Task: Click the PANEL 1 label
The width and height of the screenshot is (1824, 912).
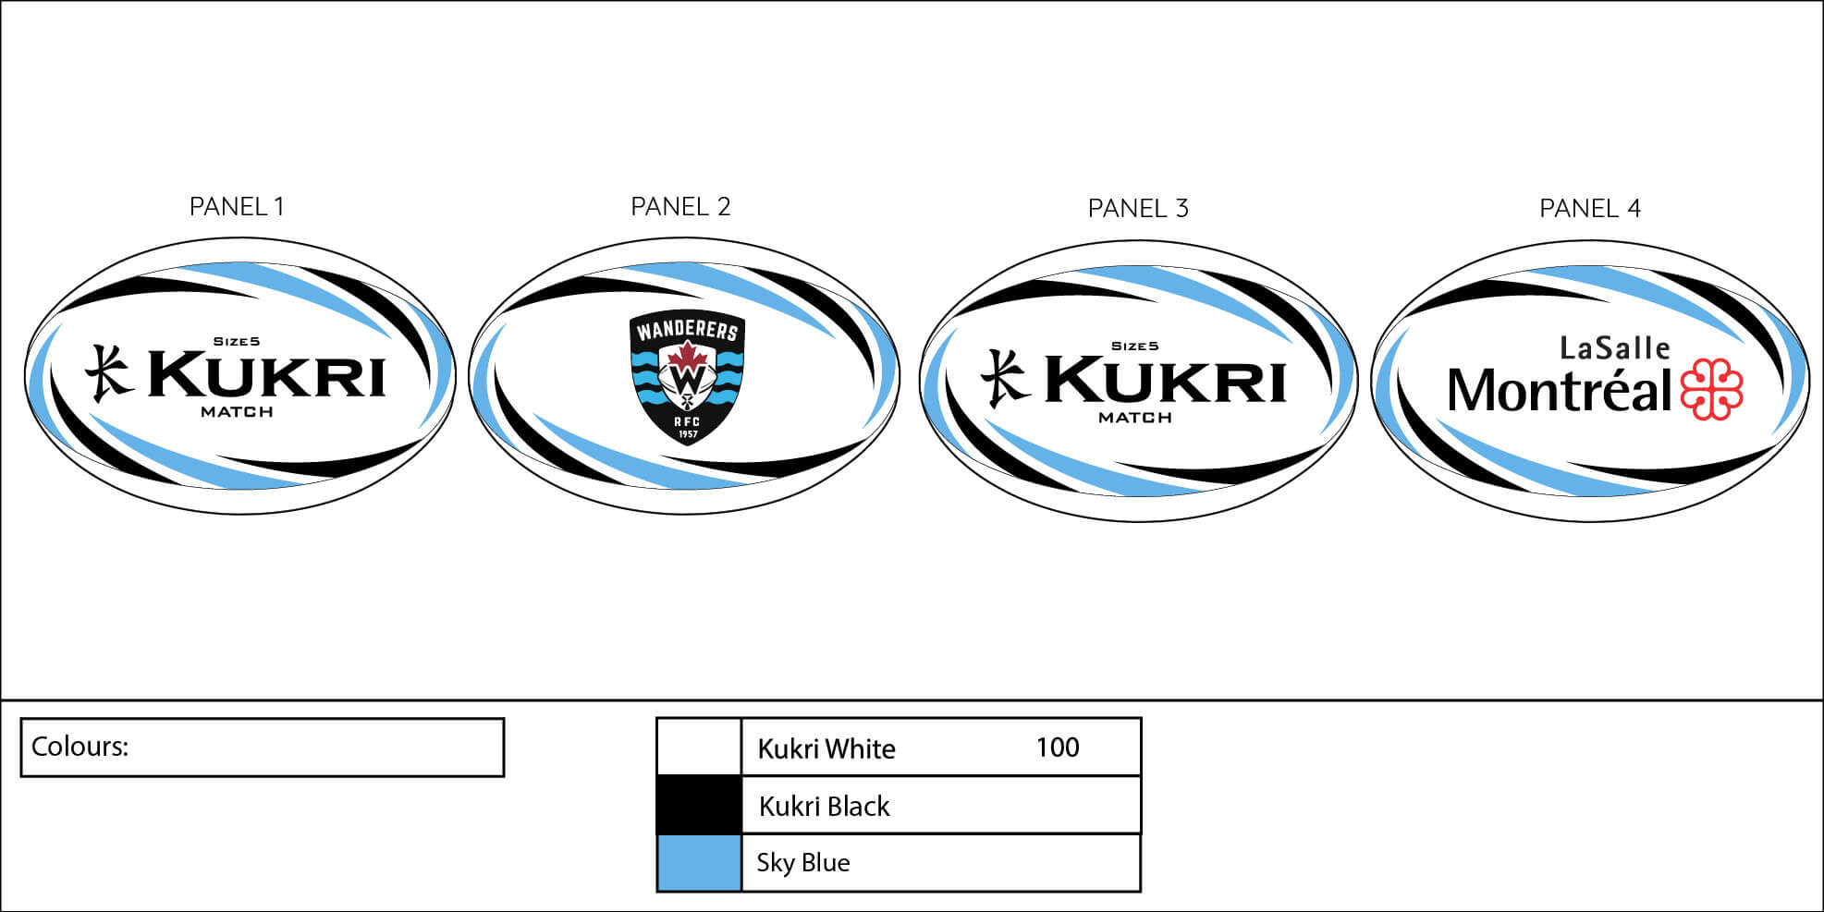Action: pos(237,207)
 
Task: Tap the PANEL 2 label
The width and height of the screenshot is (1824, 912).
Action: pos(680,207)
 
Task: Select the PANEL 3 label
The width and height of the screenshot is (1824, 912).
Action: pos(1138,209)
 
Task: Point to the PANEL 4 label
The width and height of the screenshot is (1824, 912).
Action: pos(1590,209)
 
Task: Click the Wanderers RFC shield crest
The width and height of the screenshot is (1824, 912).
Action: pos(687,377)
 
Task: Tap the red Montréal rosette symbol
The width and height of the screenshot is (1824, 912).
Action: pos(1711,389)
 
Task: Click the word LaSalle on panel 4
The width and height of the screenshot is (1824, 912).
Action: pos(1614,348)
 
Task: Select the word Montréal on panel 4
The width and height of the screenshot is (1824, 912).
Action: pos(1560,391)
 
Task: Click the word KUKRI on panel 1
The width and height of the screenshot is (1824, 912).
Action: pos(266,375)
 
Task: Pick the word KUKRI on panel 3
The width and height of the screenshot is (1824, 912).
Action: pos(1165,380)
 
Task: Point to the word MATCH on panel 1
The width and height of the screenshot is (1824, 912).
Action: pos(237,412)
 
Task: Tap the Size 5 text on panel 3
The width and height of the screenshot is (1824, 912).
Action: pos(1134,347)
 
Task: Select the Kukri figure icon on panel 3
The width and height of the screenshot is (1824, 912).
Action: pos(1004,378)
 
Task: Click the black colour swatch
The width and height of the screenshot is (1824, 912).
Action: pos(699,805)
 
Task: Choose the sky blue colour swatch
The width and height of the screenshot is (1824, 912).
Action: pos(699,862)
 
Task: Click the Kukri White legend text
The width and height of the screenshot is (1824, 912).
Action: pos(826,748)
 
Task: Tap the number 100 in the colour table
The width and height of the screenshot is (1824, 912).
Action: pos(1057,748)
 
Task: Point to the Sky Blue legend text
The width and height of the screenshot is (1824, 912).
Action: pos(802,863)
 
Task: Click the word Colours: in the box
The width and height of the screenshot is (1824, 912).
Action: pos(80,747)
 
